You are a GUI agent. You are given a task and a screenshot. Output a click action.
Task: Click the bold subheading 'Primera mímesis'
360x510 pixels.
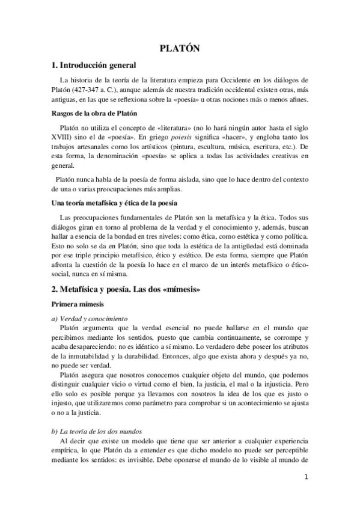80,305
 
